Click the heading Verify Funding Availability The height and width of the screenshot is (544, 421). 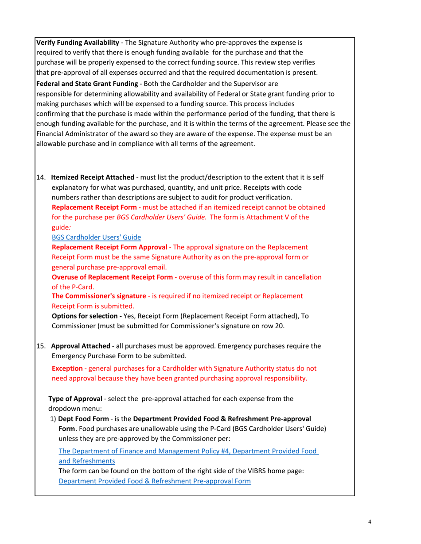pyautogui.click(x=77, y=43)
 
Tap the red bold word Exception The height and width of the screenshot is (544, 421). pyautogui.click(x=67, y=368)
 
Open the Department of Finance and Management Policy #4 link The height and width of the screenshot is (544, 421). pyautogui.click(x=188, y=451)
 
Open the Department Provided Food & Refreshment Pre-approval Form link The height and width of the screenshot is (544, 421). pyautogui.click(x=155, y=481)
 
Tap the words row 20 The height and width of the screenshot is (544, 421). pyautogui.click(x=266, y=326)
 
